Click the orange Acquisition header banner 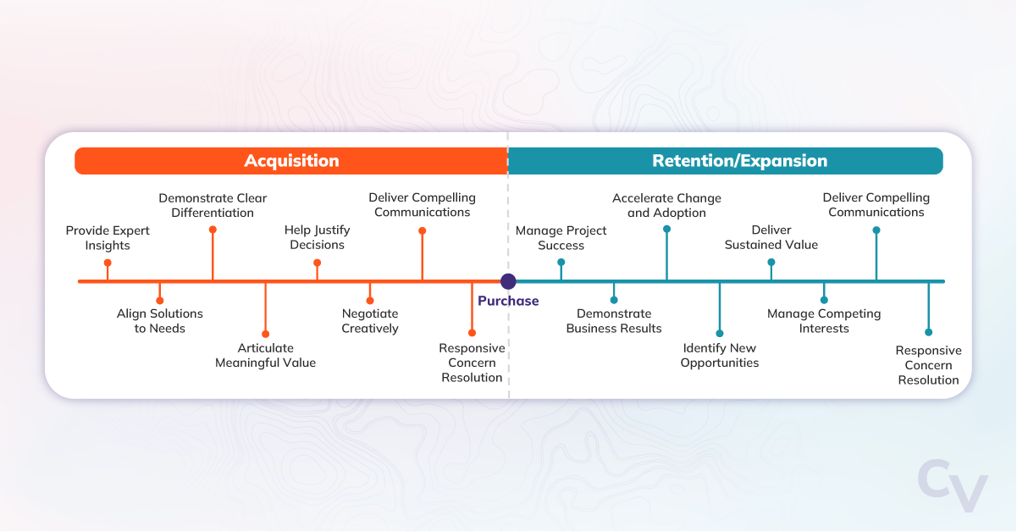pos(291,161)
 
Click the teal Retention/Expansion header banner pos(739,161)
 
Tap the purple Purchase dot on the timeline pos(508,281)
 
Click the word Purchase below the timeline pos(508,301)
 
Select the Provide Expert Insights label pos(108,238)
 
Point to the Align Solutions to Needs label pos(160,321)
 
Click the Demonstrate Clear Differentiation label pos(213,205)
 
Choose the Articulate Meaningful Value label pos(265,356)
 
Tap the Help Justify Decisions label pos(318,237)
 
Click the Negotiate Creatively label pos(370,321)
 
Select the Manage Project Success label pos(561,238)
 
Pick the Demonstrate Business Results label pos(614,321)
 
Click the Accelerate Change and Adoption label pos(666,206)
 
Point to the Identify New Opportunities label pos(720,356)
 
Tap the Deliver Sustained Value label pos(771,237)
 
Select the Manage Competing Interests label pos(824,321)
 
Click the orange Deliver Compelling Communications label pos(423,205)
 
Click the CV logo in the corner pos(953,486)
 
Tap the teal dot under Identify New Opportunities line pos(720,333)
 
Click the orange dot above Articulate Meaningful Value pos(265,334)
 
